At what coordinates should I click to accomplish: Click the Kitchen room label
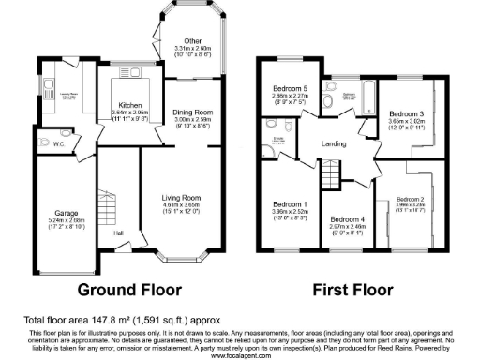[128, 105]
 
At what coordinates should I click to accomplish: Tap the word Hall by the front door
[118, 232]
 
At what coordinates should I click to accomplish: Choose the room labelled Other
[193, 41]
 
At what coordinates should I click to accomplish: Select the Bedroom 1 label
[289, 203]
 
